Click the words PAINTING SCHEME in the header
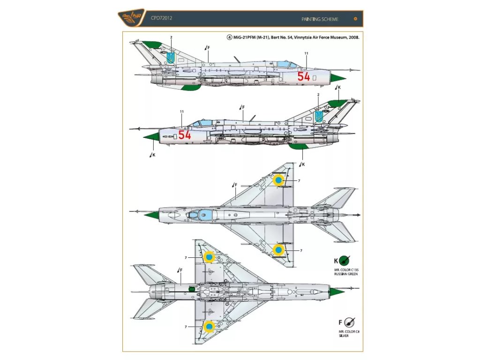pos(321,19)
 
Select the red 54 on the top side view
pos(304,76)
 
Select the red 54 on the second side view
pos(185,135)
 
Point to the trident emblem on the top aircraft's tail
pos(171,58)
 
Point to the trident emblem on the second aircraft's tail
pos(319,116)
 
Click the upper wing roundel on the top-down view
pos(278,180)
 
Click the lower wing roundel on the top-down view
pos(278,250)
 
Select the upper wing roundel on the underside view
pos(209,257)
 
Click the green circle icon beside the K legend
pos(345,260)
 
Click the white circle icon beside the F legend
pos(349,322)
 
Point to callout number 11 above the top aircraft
pos(306,53)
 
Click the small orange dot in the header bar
pos(355,19)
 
